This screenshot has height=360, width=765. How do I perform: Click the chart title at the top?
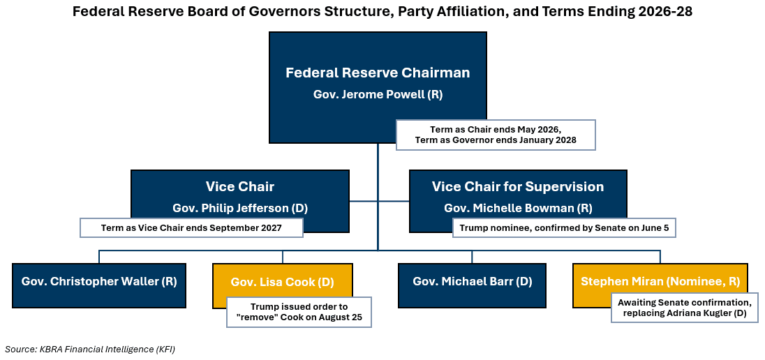(x=382, y=12)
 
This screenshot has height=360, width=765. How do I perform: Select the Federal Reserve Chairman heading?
(x=378, y=73)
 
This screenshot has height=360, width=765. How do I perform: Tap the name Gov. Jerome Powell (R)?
(x=378, y=94)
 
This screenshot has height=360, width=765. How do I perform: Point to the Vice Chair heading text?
(x=239, y=186)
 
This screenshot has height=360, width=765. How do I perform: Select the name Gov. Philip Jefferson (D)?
(x=239, y=208)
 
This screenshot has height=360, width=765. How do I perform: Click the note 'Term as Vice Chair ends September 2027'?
(x=191, y=227)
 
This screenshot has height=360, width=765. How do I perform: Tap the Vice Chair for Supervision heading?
(x=517, y=186)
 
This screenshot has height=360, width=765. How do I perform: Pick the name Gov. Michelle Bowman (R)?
(x=517, y=208)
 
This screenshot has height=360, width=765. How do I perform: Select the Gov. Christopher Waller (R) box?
(x=99, y=282)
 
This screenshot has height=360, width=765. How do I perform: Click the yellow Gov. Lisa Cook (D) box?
(x=282, y=282)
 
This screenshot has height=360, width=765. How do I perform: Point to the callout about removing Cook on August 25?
(x=299, y=313)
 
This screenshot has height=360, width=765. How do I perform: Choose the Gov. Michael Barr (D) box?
(x=472, y=282)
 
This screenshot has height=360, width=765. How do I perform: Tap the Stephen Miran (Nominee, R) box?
(x=660, y=282)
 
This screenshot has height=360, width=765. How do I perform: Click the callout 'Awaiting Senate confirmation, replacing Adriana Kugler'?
(x=684, y=308)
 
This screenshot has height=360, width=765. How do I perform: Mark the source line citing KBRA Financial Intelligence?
(x=90, y=349)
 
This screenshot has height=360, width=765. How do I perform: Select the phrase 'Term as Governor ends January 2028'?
(x=496, y=140)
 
